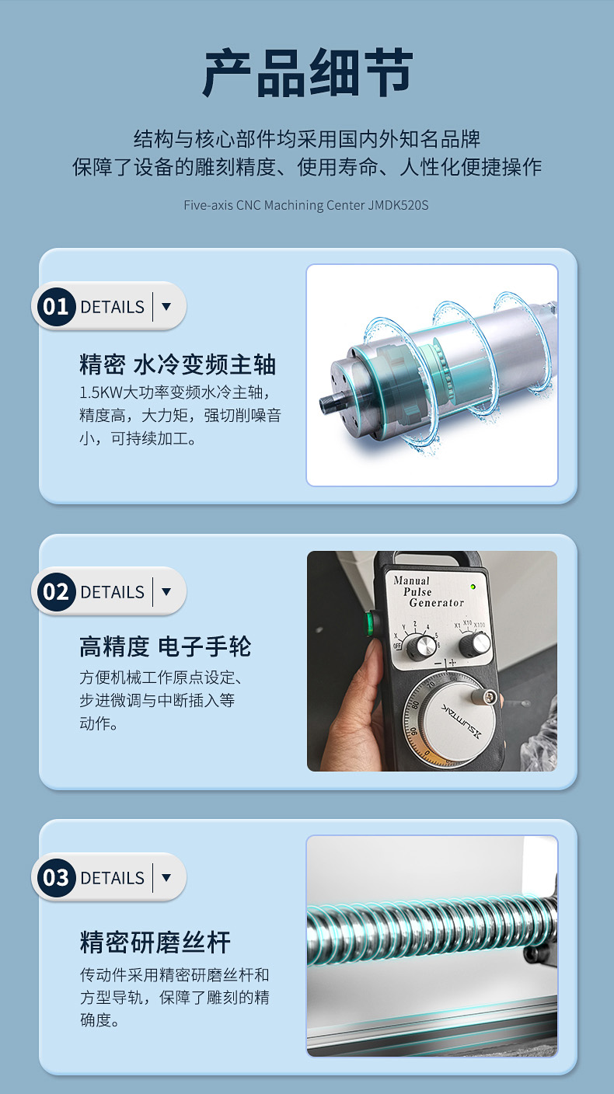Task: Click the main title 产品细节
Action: [308, 72]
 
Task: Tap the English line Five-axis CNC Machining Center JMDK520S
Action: [305, 205]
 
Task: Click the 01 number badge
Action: [56, 307]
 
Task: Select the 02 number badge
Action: [56, 592]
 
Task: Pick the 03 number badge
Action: [56, 878]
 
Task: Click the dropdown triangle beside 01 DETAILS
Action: [166, 307]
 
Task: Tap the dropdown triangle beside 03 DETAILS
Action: [166, 878]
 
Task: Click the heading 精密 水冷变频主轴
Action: [178, 364]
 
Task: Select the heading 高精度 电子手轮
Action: [165, 646]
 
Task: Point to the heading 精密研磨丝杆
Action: [155, 942]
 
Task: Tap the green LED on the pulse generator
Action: [473, 587]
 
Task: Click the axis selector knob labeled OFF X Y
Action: [421, 646]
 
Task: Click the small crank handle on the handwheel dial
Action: [487, 697]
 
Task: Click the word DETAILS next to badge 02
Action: [113, 592]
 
